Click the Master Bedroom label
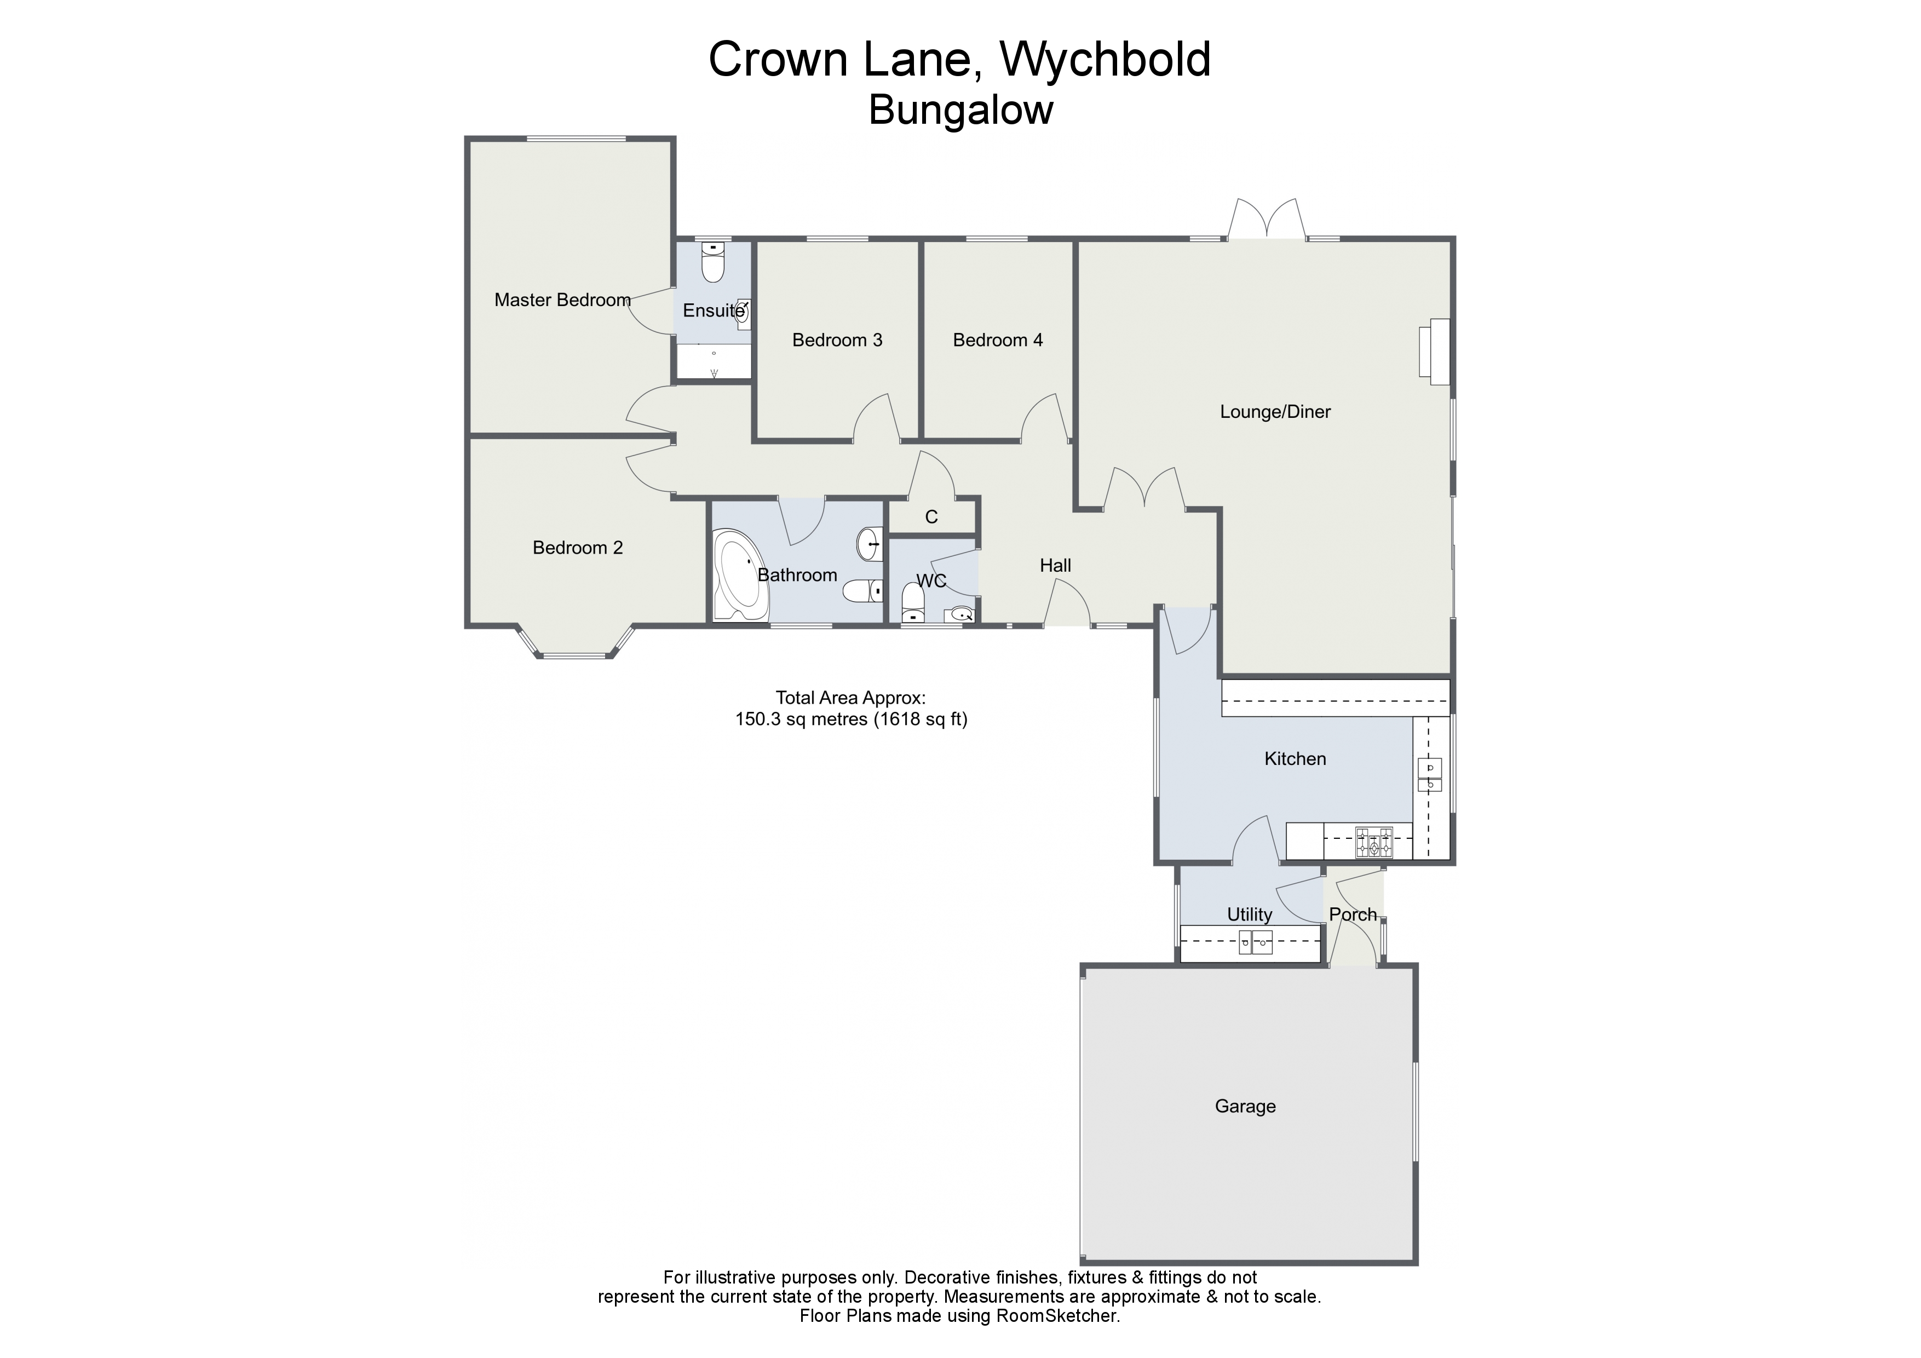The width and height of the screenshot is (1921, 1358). pyautogui.click(x=562, y=300)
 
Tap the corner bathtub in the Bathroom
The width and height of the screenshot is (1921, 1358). pyautogui.click(x=740, y=576)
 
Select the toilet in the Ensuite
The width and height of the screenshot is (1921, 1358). pyautogui.click(x=712, y=261)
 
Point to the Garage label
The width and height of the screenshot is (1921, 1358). pyautogui.click(x=1245, y=1106)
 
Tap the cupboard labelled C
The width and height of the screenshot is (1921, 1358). pyautogui.click(x=931, y=517)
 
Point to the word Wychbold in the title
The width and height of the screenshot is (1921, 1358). pyautogui.click(x=1105, y=60)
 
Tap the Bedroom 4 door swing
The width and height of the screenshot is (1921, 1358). pyautogui.click(x=1044, y=417)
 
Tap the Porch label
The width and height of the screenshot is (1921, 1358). pyautogui.click(x=1352, y=914)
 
